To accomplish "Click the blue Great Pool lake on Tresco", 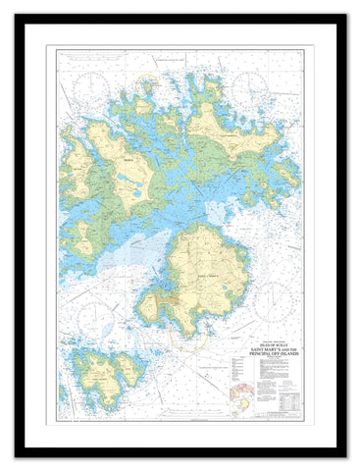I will tap(128, 182).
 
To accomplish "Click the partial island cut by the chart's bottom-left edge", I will tap(63, 392).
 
